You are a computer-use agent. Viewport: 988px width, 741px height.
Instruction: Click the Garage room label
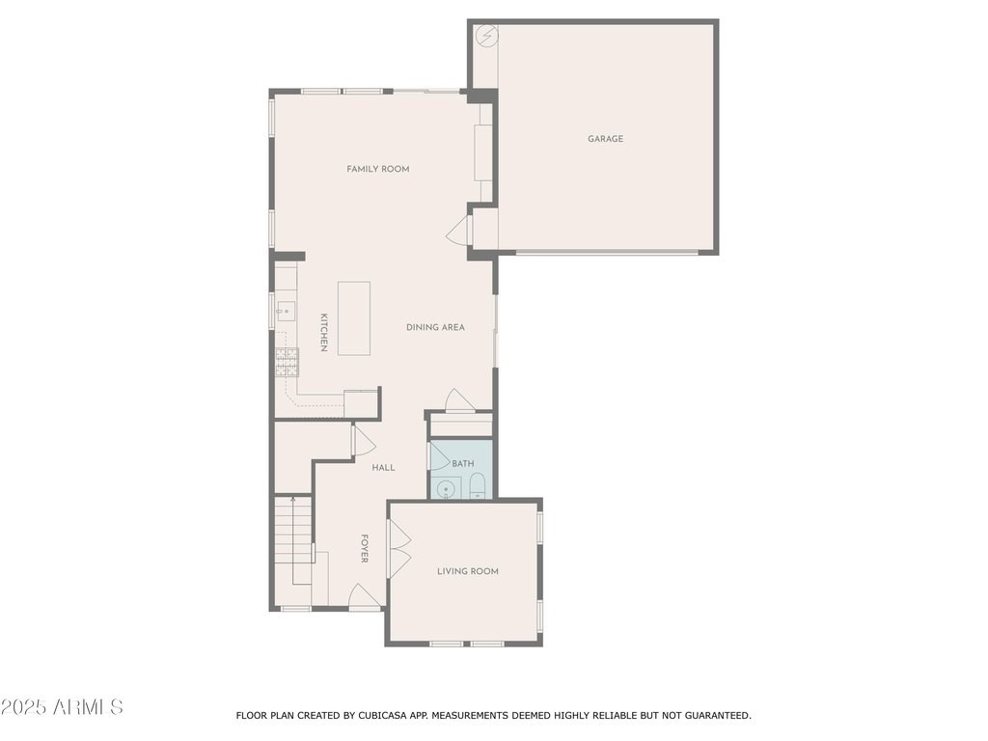(605, 139)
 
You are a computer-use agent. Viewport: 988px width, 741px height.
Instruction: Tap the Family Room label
(378, 169)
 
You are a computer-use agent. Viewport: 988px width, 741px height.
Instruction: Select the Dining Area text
(435, 327)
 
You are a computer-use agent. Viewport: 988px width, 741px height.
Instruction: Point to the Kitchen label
(324, 332)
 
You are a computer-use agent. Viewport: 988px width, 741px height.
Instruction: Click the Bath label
(462, 464)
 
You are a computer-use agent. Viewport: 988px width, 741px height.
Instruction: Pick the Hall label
(383, 468)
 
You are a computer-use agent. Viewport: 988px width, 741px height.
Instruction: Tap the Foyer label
(364, 548)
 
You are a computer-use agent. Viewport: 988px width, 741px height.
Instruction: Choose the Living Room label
(468, 571)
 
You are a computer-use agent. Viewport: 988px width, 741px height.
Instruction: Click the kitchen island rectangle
(354, 318)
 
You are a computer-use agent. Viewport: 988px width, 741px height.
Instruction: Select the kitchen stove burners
(287, 363)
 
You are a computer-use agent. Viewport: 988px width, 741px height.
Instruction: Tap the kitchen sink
(286, 312)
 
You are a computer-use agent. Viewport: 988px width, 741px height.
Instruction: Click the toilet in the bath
(478, 486)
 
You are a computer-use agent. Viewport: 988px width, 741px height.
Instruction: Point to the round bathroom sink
(446, 489)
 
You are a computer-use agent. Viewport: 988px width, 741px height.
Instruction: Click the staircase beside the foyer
(293, 540)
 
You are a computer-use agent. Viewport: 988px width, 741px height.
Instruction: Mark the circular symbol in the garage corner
(486, 36)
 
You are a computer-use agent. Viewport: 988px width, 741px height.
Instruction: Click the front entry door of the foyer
(364, 596)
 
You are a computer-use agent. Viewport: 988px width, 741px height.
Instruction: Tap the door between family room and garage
(459, 230)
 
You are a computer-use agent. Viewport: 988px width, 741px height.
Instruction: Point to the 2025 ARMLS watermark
(62, 707)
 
